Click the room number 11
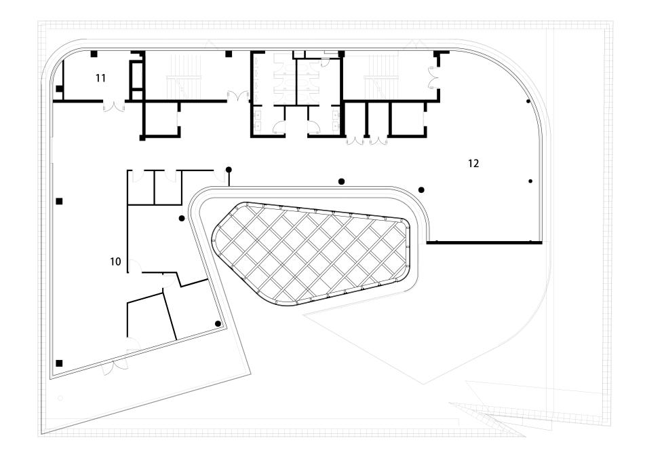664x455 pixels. click(100, 78)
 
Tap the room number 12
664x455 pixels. click(474, 163)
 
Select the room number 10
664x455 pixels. click(115, 261)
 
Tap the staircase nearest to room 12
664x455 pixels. click(380, 76)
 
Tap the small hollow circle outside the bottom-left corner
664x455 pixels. click(60, 398)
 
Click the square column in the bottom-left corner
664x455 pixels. click(60, 363)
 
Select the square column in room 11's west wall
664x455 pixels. click(59, 89)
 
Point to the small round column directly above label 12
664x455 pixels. click(528, 101)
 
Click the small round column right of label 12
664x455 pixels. click(530, 181)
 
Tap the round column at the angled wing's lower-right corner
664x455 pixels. click(218, 323)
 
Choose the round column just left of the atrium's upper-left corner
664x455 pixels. click(181, 218)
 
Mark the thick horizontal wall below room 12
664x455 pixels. click(483, 242)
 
